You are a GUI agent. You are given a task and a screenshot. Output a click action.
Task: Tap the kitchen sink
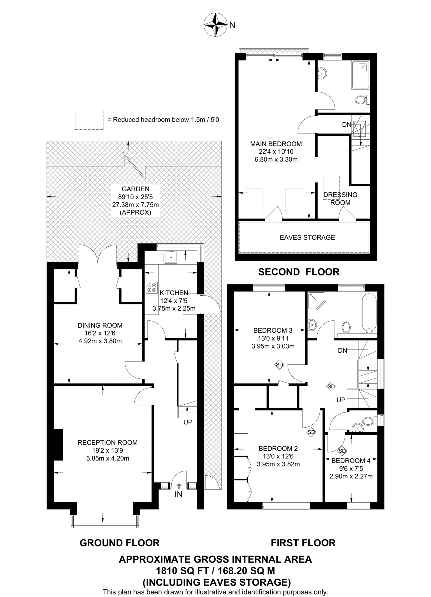(x=171, y=257)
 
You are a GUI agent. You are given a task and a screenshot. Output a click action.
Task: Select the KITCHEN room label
(x=174, y=293)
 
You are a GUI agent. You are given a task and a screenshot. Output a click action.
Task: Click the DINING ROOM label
(x=100, y=325)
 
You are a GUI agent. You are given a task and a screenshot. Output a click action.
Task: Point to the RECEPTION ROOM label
(x=108, y=443)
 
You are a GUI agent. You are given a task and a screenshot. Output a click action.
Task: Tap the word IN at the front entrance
(x=178, y=494)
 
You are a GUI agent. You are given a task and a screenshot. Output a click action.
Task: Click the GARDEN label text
(x=135, y=189)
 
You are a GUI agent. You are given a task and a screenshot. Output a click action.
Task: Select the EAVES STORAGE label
(x=307, y=237)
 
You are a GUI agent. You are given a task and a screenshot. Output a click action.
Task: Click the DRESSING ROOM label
(x=340, y=199)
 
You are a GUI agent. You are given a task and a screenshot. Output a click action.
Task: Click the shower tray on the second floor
(x=360, y=75)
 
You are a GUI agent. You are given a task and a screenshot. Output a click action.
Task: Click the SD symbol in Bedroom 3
(x=279, y=364)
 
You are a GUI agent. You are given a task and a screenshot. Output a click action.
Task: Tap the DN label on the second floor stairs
(x=346, y=125)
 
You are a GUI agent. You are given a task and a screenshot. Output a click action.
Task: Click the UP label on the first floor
(x=341, y=400)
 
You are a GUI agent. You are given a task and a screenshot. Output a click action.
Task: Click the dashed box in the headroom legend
(x=89, y=120)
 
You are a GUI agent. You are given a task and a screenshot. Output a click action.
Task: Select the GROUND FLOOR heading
(x=119, y=543)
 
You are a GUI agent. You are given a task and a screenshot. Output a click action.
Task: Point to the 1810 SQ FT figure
(x=177, y=570)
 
